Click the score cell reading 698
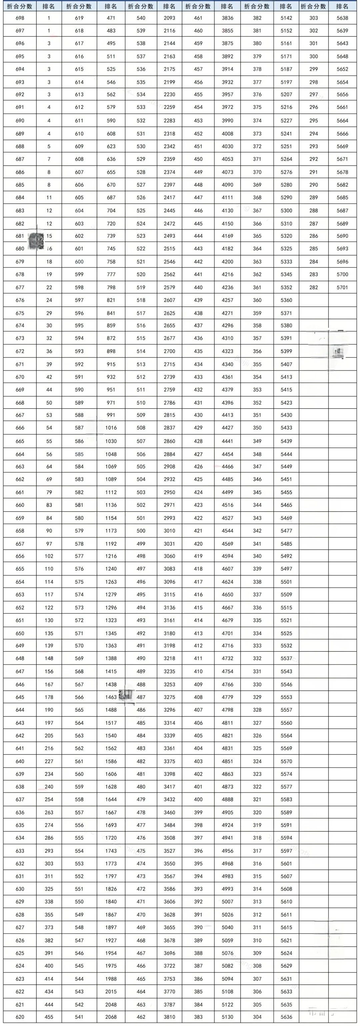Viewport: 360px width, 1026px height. pyautogui.click(x=20, y=18)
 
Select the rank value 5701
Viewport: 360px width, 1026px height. pyautogui.click(x=342, y=287)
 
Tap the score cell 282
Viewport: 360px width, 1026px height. pyautogui.click(x=314, y=287)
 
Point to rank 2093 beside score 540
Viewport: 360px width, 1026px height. pyautogui.click(x=169, y=18)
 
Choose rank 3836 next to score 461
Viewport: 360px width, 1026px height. pyautogui.click(x=227, y=18)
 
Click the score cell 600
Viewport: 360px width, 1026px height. pyautogui.click(x=79, y=262)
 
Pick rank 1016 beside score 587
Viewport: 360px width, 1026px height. pyautogui.click(x=111, y=428)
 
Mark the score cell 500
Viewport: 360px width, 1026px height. pyautogui.click(x=141, y=530)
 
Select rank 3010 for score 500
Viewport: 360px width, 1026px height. pyautogui.click(x=169, y=530)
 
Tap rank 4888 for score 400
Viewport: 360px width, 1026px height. pyautogui.click(x=227, y=799)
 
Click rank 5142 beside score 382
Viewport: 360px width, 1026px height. pyautogui.click(x=286, y=18)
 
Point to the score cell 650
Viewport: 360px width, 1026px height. pyautogui.click(x=20, y=633)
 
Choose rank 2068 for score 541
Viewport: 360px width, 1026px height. pyautogui.click(x=111, y=1017)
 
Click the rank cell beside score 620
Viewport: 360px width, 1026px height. pyautogui.click(x=49, y=1017)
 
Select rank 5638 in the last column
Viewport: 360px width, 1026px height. pyautogui.click(x=342, y=18)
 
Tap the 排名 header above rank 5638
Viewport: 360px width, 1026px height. pyautogui.click(x=342, y=6)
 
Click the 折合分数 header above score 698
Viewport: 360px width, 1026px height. pyautogui.click(x=20, y=6)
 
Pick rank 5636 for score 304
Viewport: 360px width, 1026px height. pyautogui.click(x=286, y=1017)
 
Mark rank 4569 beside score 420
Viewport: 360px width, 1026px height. pyautogui.click(x=227, y=544)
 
